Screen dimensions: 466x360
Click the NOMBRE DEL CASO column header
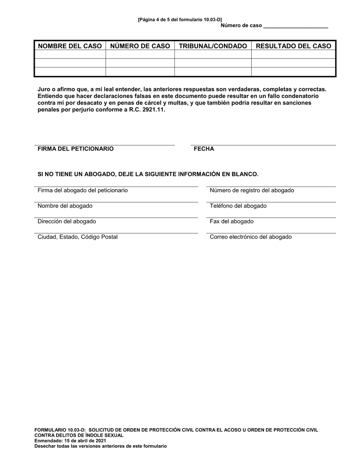pos(70,46)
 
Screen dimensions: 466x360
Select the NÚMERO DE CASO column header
pos(140,46)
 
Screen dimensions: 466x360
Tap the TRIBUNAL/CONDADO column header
pos(213,46)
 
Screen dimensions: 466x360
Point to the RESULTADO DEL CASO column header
pos(294,46)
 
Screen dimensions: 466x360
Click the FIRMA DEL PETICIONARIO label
pos(75,149)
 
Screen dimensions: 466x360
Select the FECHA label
pos(204,149)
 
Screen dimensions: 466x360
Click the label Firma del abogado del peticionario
pos(83,190)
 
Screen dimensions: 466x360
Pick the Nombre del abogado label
pos(65,206)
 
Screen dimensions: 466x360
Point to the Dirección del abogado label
pos(67,221)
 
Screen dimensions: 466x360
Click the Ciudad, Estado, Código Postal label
pos(77,237)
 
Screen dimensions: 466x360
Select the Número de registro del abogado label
pos(252,190)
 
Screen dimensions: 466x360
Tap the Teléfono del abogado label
pos(238,206)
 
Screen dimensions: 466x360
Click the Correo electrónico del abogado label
pos(250,237)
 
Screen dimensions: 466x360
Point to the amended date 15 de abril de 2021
pos(85,441)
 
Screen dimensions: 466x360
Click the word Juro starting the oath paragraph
pos(44,89)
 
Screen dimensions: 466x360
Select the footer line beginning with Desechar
pos(100,446)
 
